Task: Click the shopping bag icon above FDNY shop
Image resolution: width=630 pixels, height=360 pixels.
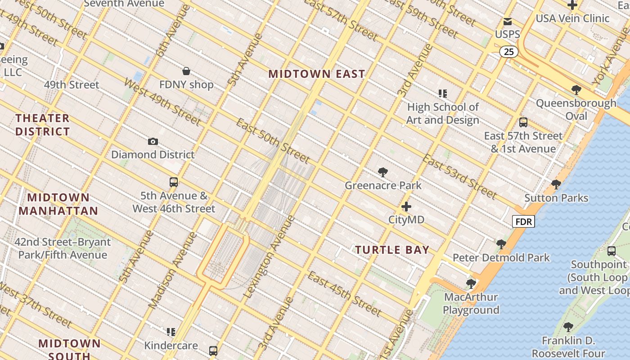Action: [186, 71]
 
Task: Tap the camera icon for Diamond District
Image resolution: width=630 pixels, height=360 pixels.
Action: [153, 141]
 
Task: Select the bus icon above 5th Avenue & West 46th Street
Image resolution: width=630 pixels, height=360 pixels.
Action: [174, 182]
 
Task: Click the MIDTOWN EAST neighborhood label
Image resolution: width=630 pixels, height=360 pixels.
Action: [316, 74]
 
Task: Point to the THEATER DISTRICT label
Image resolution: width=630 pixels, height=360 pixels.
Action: [43, 125]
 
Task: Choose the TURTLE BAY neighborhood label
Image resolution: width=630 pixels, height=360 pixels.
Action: [392, 250]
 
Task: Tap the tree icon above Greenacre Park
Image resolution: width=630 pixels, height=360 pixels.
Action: [383, 172]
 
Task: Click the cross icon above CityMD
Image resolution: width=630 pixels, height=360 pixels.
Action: [406, 207]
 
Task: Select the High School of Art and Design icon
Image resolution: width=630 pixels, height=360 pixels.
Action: [443, 94]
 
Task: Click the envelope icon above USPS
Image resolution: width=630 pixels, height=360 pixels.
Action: [508, 22]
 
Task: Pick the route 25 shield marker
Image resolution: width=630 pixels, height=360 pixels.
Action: [508, 52]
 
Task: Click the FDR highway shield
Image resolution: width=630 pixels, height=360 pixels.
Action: [523, 221]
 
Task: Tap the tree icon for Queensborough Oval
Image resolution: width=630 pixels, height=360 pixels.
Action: [576, 90]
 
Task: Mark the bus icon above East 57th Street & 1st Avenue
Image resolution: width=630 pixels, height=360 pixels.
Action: [523, 122]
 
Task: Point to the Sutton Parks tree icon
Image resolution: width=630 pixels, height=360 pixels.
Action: [556, 184]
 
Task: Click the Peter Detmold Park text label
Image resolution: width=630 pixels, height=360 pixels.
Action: [501, 258]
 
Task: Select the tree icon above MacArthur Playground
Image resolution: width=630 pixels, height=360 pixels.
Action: [471, 283]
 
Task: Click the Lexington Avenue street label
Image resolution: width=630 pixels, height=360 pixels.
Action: [270, 257]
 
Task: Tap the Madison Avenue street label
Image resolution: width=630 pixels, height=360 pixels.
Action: [173, 271]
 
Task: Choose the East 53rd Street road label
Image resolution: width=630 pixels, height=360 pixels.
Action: [459, 177]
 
